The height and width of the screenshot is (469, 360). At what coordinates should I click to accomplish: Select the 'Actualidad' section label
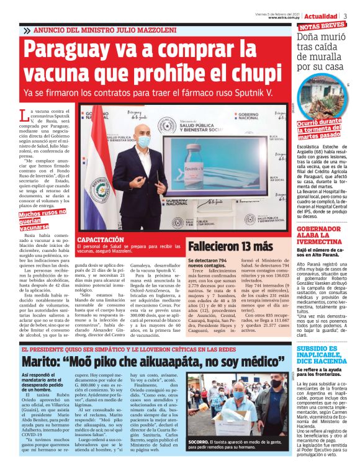pyautogui.click(x=323, y=15)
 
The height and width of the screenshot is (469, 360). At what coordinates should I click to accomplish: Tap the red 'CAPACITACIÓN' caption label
pyautogui.click(x=102, y=239)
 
